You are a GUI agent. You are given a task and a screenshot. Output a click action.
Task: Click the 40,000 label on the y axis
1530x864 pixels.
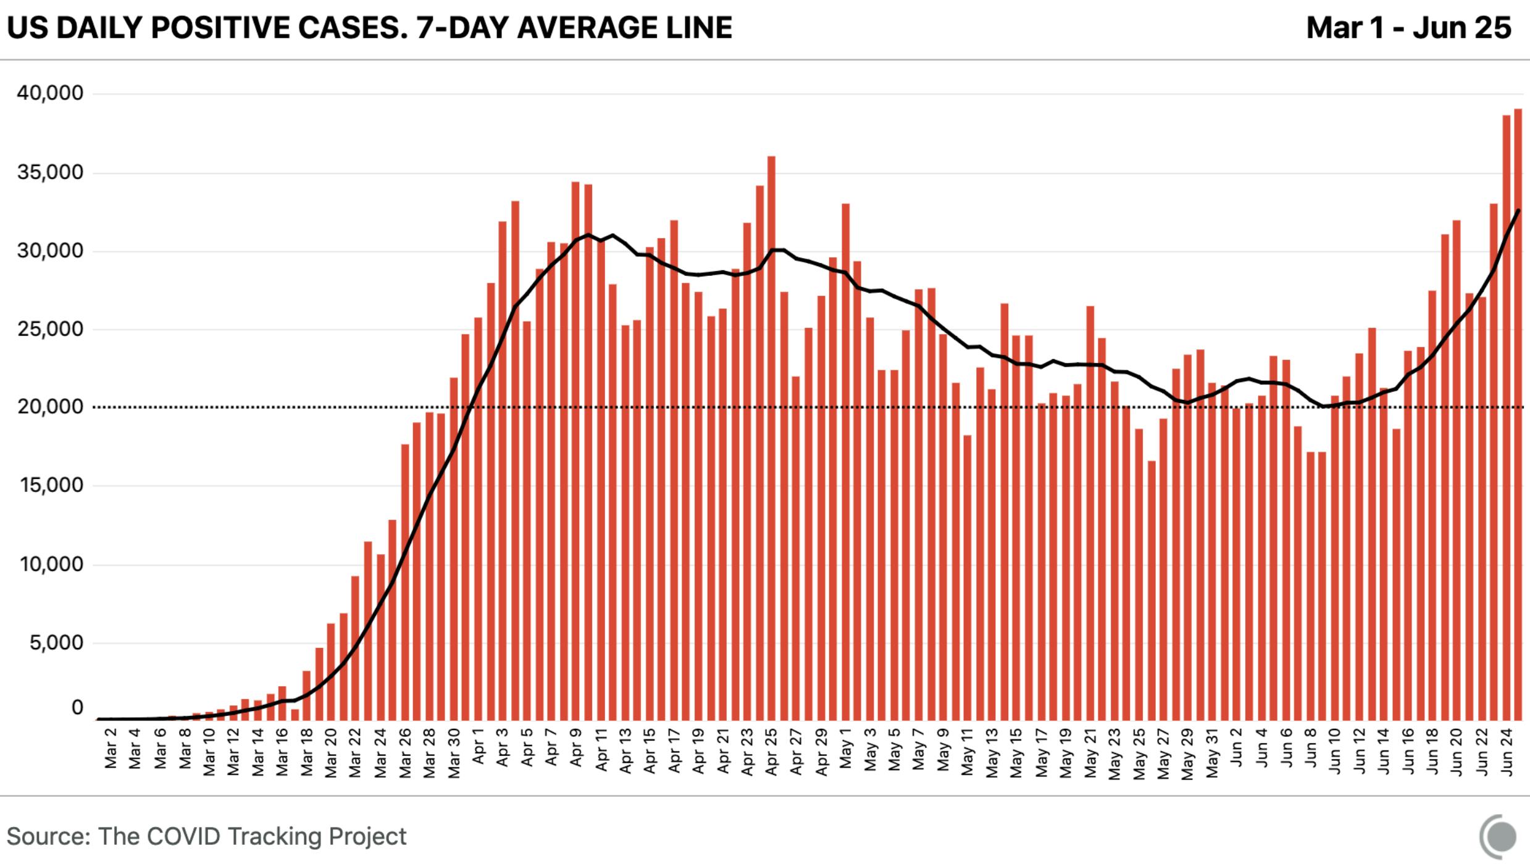(50, 93)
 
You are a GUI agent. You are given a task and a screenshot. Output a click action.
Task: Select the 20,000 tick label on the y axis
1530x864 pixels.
(50, 407)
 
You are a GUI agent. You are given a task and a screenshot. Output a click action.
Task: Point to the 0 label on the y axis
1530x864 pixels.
(77, 708)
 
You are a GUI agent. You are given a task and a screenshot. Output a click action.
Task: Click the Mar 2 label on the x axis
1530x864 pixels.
(111, 757)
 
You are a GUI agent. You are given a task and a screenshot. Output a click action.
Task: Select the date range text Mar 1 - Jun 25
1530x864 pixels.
(1408, 28)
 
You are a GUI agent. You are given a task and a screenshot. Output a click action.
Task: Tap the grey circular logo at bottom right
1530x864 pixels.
(1499, 837)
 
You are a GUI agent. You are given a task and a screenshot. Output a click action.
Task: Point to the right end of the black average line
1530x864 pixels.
(1518, 211)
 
